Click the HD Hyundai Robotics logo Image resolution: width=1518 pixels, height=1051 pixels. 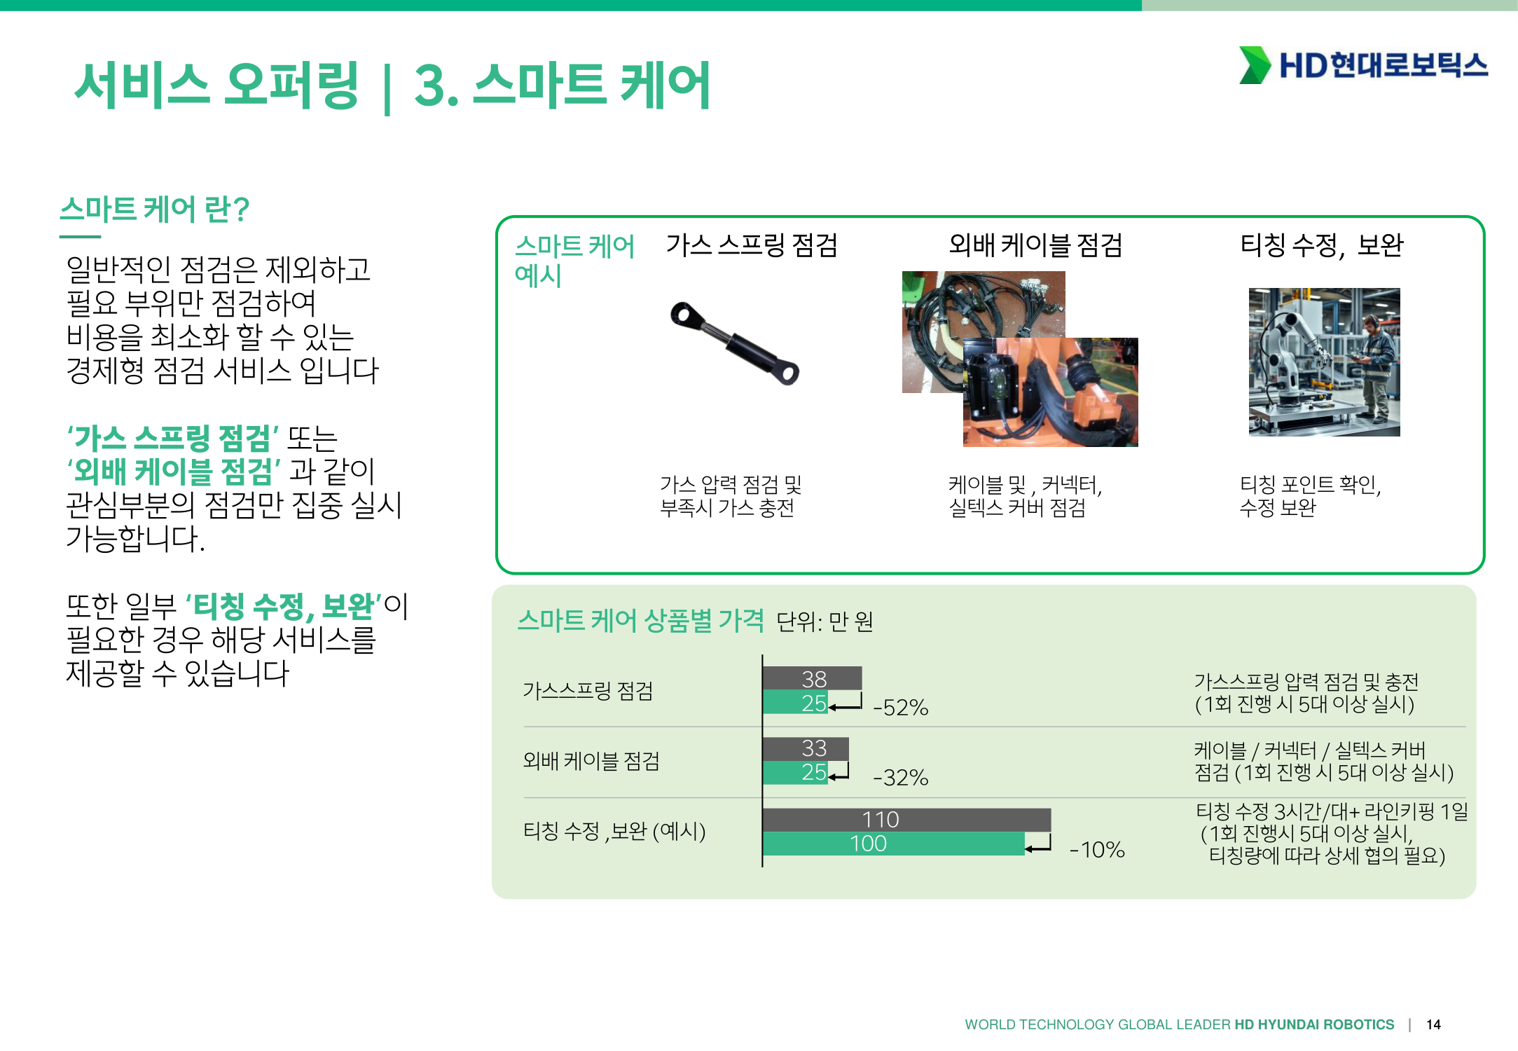coord(1363,65)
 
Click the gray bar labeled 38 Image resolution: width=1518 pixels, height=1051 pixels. coord(812,678)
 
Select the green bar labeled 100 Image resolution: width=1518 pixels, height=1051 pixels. coord(894,844)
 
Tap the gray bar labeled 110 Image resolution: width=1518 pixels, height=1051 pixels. coord(906,820)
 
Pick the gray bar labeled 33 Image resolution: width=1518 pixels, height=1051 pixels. coord(806,748)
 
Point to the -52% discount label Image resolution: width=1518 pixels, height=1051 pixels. coord(901,708)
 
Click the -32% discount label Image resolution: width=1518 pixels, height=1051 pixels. coord(901,778)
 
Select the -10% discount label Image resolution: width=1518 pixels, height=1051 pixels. coord(1097,850)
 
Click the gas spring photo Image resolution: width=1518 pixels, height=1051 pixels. coord(735,343)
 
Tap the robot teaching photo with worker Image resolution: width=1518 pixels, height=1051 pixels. coord(1324,362)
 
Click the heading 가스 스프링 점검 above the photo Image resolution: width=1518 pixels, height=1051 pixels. coord(752,245)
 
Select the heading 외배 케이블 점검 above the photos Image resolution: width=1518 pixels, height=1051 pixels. coord(1035,245)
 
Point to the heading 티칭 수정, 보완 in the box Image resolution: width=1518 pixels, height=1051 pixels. coord(1322,245)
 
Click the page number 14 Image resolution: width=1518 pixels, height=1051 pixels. coord(1433,1024)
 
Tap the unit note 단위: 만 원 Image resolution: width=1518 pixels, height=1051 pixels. coord(825,621)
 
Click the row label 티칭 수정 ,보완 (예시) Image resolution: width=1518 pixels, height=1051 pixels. coord(614,832)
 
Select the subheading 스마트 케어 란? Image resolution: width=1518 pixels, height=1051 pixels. coord(155,209)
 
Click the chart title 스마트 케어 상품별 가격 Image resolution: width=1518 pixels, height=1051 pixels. coord(640,621)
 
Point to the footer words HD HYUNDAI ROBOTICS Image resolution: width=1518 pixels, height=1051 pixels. coord(1314,1024)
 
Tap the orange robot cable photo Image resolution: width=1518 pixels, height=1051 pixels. coord(1051,392)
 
